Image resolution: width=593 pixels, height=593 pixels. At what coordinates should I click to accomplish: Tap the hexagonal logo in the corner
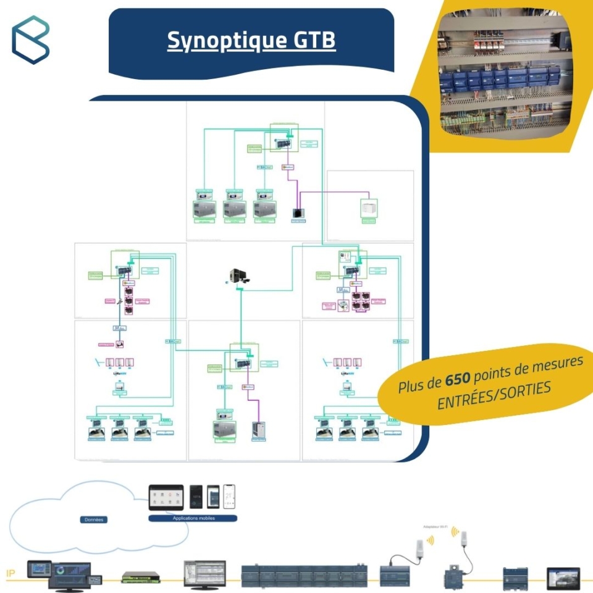(x=30, y=39)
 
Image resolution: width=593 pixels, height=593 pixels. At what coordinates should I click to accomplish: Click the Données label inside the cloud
(x=95, y=519)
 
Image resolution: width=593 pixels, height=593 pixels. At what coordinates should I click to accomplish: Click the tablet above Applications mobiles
(x=166, y=497)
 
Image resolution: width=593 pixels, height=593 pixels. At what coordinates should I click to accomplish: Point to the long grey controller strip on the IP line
(x=303, y=575)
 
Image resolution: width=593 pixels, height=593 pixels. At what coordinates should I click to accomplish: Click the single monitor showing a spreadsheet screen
(x=204, y=574)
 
